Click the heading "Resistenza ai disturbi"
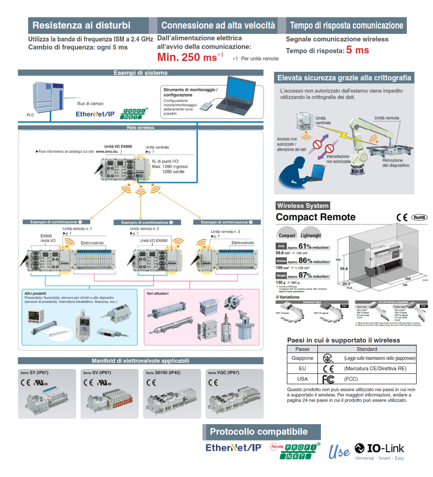click(x=81, y=25)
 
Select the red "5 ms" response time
click(x=357, y=50)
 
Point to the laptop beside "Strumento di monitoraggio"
click(x=238, y=93)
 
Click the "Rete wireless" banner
click(x=140, y=127)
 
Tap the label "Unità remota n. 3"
click(x=225, y=232)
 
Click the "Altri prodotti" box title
click(x=35, y=293)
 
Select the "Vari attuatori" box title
click(x=158, y=293)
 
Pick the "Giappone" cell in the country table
click(x=303, y=358)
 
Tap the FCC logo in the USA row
click(x=328, y=379)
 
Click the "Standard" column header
click(x=366, y=349)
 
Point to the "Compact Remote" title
click(x=316, y=217)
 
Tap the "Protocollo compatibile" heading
click(x=258, y=432)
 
